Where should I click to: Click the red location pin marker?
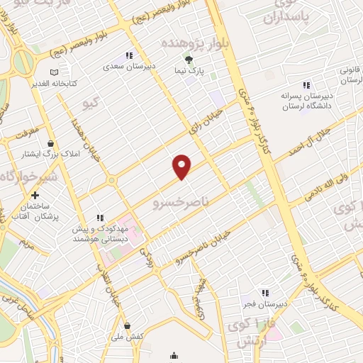[x=182, y=166]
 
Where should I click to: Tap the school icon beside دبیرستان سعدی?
[x=128, y=55]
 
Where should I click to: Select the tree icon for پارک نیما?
[x=189, y=60]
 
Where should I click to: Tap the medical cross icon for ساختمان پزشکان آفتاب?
[x=35, y=194]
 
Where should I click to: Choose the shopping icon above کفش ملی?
[x=127, y=325]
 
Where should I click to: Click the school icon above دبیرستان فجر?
[x=264, y=292]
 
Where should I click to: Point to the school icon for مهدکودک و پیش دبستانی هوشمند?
[x=100, y=218]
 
